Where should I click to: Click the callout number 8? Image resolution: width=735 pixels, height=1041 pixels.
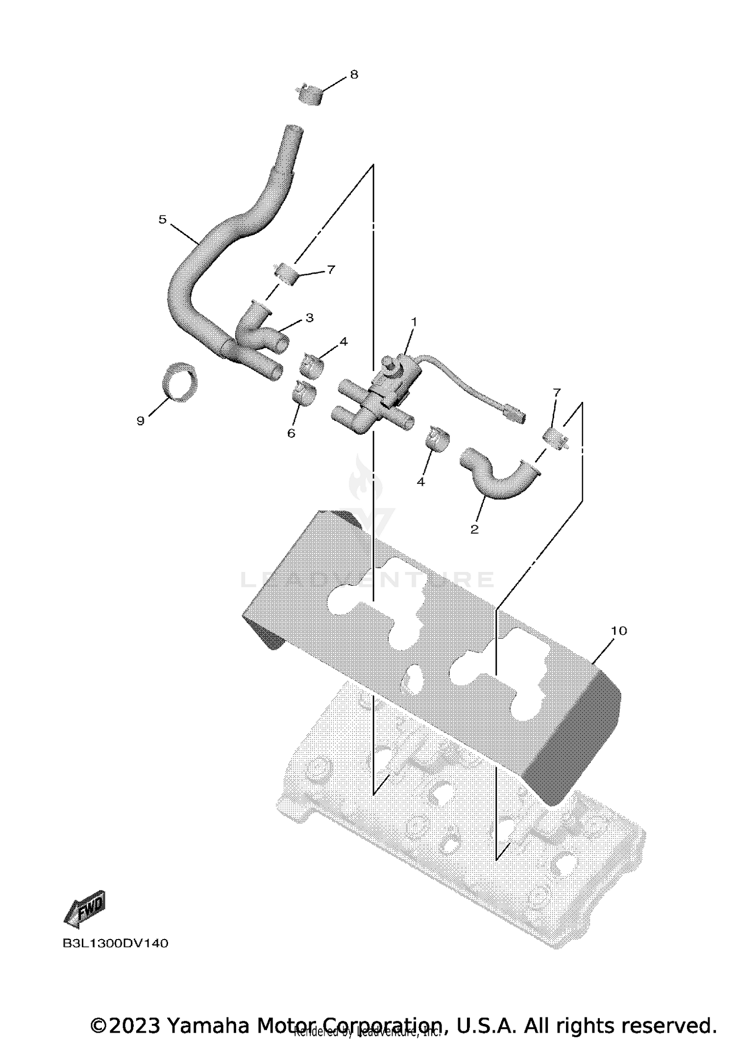[x=354, y=74]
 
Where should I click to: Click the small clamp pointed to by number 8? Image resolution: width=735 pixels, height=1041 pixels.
[x=310, y=95]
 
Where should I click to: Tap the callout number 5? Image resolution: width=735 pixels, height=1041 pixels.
[x=163, y=220]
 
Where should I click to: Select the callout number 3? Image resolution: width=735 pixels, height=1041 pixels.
[x=309, y=318]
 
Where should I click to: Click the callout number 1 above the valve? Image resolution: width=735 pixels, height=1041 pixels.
[x=414, y=322]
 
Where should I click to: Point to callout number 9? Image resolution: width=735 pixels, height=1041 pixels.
[x=141, y=421]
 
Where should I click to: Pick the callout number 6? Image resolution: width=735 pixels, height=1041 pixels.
[x=291, y=433]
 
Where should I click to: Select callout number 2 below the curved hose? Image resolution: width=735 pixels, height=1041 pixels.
[x=474, y=529]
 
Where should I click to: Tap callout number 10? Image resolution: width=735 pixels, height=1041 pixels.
[x=619, y=631]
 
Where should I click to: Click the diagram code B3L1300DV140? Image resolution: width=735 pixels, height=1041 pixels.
[x=116, y=943]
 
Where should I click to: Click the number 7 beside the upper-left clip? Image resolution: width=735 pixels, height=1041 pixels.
[x=331, y=270]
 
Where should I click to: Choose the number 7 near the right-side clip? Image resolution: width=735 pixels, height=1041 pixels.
[x=557, y=393]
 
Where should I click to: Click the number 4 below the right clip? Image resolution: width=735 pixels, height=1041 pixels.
[x=421, y=482]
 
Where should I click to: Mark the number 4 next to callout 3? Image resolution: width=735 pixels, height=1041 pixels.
[x=343, y=342]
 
